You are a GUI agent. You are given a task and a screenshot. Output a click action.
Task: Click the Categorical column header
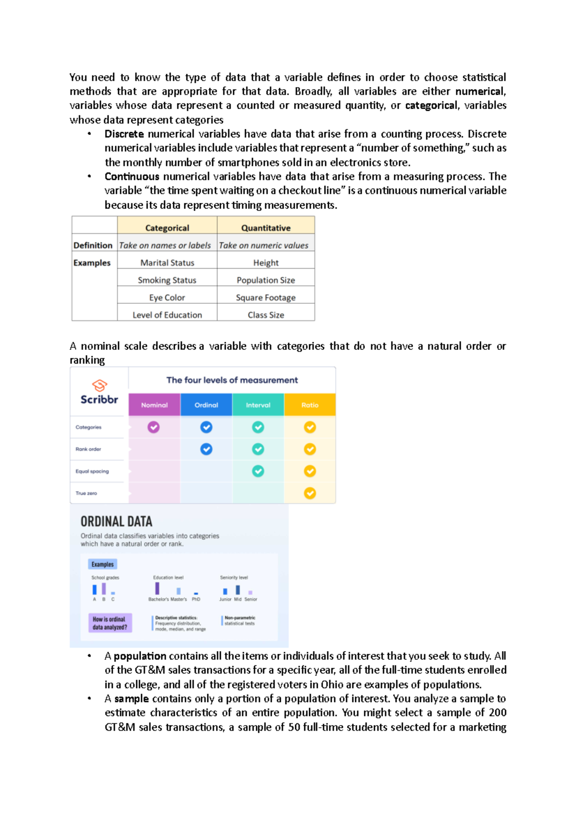(167, 228)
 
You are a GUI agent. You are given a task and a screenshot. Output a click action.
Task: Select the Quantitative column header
(265, 228)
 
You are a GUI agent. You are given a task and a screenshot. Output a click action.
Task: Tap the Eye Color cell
(167, 297)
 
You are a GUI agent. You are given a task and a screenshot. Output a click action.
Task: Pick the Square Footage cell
(265, 297)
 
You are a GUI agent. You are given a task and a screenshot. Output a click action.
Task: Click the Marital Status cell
(167, 263)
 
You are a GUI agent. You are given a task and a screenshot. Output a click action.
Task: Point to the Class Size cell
(265, 315)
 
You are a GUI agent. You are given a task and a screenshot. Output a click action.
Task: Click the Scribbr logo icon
(99, 385)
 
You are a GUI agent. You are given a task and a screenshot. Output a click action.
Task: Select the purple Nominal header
(154, 405)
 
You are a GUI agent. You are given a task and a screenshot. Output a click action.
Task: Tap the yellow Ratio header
(310, 405)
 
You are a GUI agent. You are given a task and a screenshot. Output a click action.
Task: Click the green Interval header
(258, 405)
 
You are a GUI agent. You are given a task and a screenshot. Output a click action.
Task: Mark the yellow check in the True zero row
(310, 493)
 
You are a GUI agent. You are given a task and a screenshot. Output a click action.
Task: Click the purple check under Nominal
(154, 427)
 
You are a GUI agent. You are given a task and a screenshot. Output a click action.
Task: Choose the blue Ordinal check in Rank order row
(206, 449)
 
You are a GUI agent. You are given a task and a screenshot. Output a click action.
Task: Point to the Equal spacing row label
(92, 471)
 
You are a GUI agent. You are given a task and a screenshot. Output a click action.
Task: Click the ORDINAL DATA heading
(116, 521)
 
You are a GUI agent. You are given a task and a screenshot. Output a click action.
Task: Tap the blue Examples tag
(103, 564)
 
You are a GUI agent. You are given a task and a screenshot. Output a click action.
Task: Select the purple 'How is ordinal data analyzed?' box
(110, 623)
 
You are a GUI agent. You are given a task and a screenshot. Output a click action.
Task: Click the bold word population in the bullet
(140, 656)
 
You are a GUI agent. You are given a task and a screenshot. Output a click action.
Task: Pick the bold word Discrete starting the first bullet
(124, 134)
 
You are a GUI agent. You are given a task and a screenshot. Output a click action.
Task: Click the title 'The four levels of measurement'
(232, 380)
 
